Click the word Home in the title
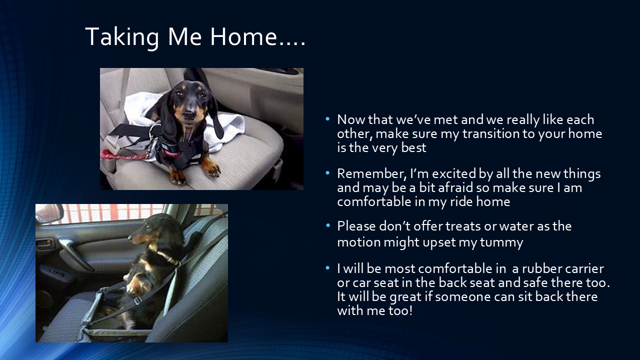(242, 36)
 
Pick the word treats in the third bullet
(460, 226)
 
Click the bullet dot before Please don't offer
(327, 225)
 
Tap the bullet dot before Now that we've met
(327, 119)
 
